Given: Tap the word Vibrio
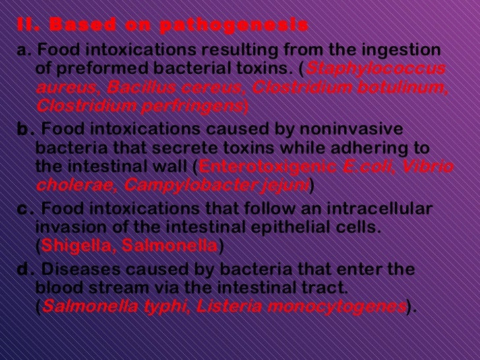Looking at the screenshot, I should click(x=431, y=167).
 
